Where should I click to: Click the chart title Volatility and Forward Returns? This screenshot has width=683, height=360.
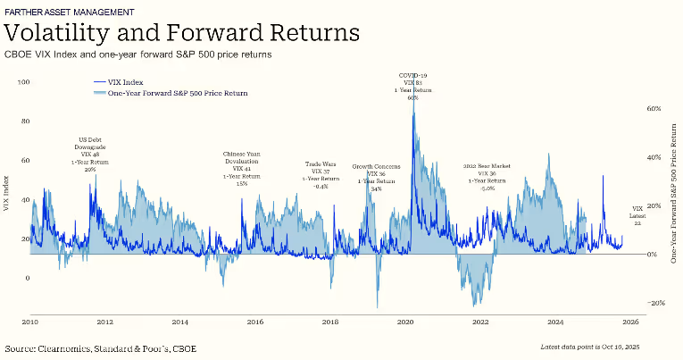pyautogui.click(x=182, y=32)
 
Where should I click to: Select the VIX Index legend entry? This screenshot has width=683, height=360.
pyautogui.click(x=125, y=81)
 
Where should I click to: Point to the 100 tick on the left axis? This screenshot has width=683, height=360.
pyautogui.click(x=24, y=82)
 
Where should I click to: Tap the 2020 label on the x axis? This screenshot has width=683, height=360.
pyautogui.click(x=404, y=321)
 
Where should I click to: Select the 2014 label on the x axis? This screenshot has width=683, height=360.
pyautogui.click(x=179, y=321)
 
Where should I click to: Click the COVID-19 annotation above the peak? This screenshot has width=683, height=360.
pyautogui.click(x=412, y=86)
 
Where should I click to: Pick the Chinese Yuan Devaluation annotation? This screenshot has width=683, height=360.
pyautogui.click(x=242, y=168)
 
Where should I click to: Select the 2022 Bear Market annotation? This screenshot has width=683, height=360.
pyautogui.click(x=487, y=178)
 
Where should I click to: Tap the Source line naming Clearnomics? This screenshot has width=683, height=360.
pyautogui.click(x=101, y=347)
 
